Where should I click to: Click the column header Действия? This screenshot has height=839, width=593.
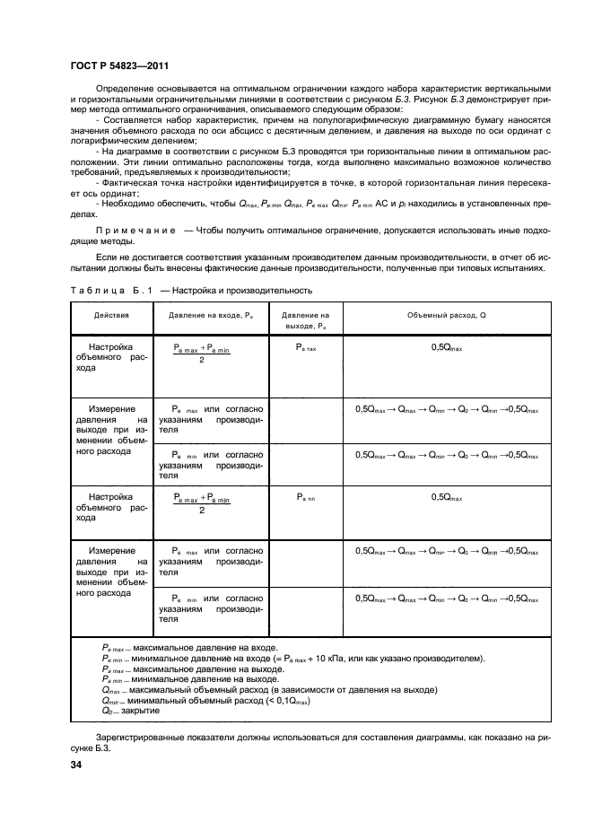pos(111,315)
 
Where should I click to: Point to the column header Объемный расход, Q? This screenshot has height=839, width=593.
pos(446,315)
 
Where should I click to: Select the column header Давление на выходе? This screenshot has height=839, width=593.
pos(306,320)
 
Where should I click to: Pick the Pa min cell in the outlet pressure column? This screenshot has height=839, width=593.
pos(306,496)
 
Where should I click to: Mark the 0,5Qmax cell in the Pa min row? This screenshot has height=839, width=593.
pos(447,496)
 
